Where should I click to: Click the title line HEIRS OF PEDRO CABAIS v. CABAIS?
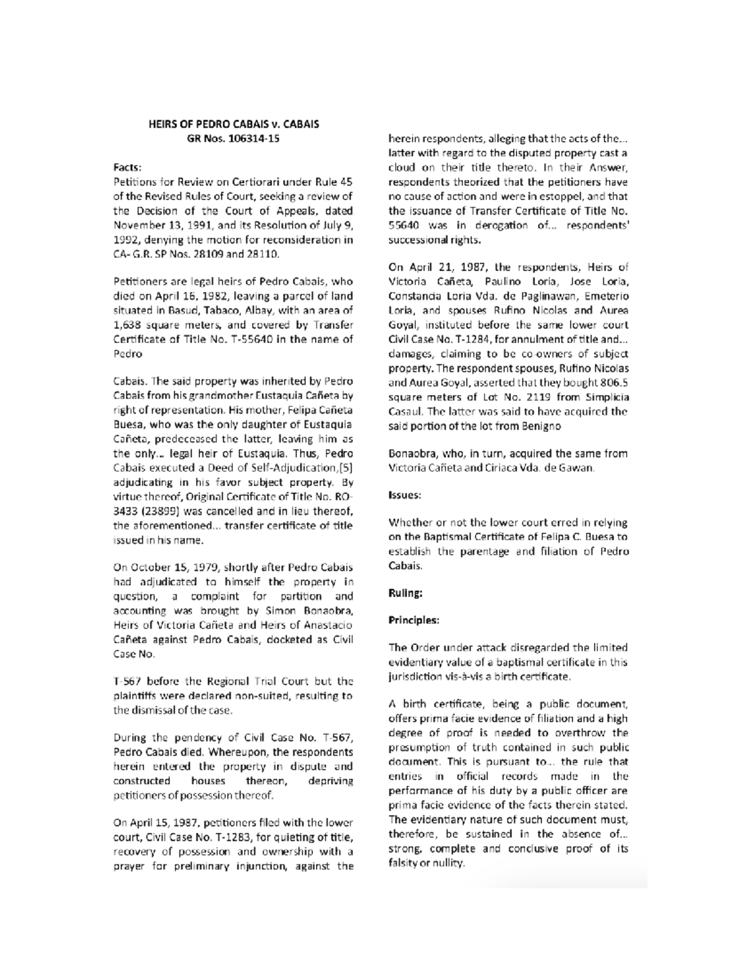[233, 124]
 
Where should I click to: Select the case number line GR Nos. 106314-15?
[233, 138]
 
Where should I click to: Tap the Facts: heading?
[128, 167]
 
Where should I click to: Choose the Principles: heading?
[413, 620]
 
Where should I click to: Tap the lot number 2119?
[539, 398]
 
